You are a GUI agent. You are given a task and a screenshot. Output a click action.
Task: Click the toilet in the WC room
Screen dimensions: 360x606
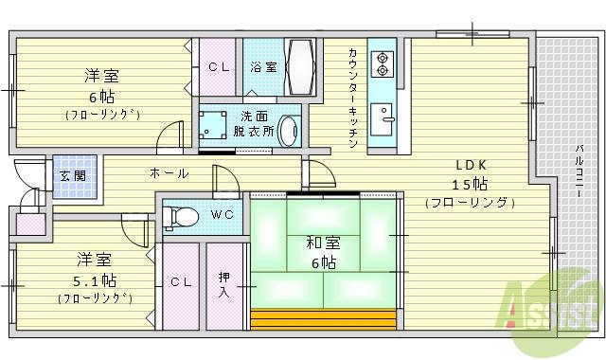coord(181,217)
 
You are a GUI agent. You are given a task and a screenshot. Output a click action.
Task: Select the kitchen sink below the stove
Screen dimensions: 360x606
coord(383,117)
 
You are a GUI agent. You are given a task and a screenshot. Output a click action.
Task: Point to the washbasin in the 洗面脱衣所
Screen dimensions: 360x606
coord(288,131)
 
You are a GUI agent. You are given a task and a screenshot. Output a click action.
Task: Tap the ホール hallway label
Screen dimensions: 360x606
coord(169,173)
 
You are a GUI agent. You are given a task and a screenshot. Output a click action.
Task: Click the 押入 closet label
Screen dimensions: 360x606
coord(224,283)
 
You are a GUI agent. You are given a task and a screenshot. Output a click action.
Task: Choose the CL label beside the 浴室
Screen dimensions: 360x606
coord(218,66)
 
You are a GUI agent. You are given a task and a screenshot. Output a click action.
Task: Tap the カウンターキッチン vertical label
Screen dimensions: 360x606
coord(352,98)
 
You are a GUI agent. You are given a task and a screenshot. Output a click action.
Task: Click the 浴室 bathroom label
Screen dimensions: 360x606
coord(263,66)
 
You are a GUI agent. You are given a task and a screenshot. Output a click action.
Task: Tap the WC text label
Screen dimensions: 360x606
coord(221,215)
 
